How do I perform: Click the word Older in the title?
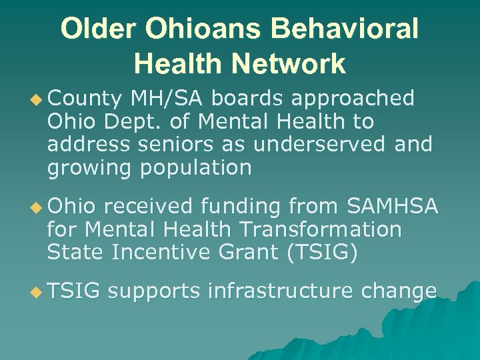pyautogui.click(x=100, y=29)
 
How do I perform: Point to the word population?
pyautogui.click(x=195, y=167)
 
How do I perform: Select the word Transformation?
pyautogui.click(x=315, y=230)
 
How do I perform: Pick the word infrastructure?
pyautogui.click(x=280, y=291)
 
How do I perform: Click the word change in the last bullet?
pyautogui.click(x=399, y=291)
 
